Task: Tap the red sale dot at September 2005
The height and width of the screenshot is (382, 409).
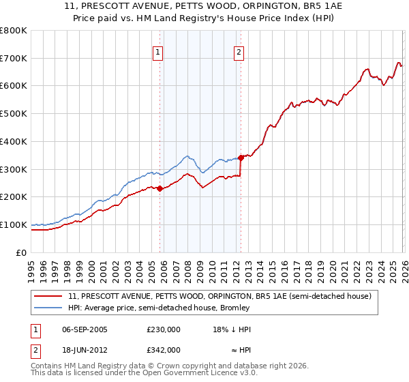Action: click(x=160, y=188)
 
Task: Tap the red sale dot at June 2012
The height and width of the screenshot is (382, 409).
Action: click(x=241, y=157)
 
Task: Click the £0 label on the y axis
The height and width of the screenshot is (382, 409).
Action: click(x=22, y=252)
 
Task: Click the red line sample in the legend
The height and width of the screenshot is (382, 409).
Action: click(x=49, y=296)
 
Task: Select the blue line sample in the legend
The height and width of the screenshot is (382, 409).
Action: click(x=49, y=308)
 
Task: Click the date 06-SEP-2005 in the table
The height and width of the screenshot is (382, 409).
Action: click(x=85, y=329)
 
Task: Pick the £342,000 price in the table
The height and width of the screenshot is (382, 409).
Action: click(x=164, y=349)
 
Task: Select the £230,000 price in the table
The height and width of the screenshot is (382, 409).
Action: click(x=164, y=329)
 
